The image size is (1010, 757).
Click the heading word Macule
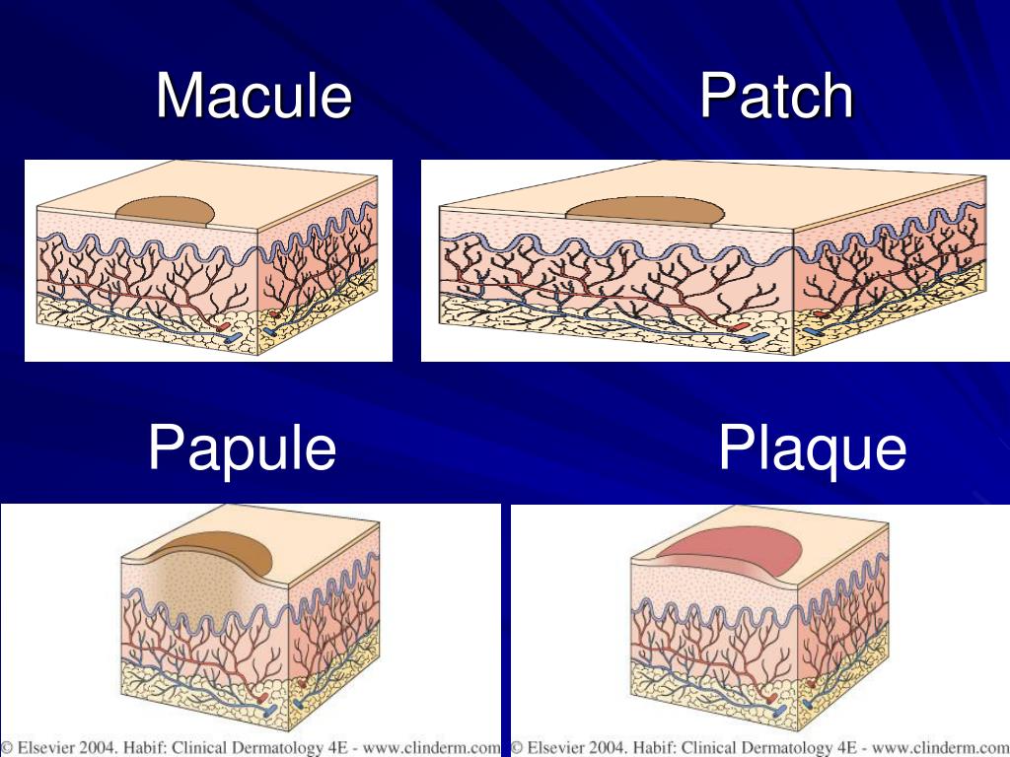tap(253, 97)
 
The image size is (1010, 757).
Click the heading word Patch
tap(776, 97)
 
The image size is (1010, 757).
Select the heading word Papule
tap(242, 447)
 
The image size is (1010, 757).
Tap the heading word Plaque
tap(812, 449)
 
